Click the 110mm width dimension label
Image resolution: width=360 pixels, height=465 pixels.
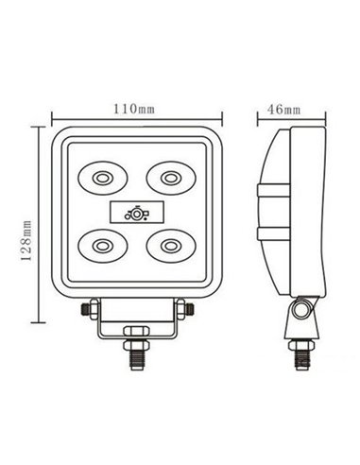tap(134, 108)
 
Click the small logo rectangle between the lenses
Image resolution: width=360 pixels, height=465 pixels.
tap(134, 212)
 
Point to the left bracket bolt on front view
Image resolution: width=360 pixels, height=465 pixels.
tap(88, 308)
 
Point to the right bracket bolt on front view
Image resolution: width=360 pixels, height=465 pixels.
tap(180, 308)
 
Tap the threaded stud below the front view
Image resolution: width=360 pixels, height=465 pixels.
tap(133, 357)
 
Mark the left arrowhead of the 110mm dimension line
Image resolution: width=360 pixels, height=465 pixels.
tap(51, 120)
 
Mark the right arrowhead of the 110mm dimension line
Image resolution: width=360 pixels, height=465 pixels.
tap(219, 120)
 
